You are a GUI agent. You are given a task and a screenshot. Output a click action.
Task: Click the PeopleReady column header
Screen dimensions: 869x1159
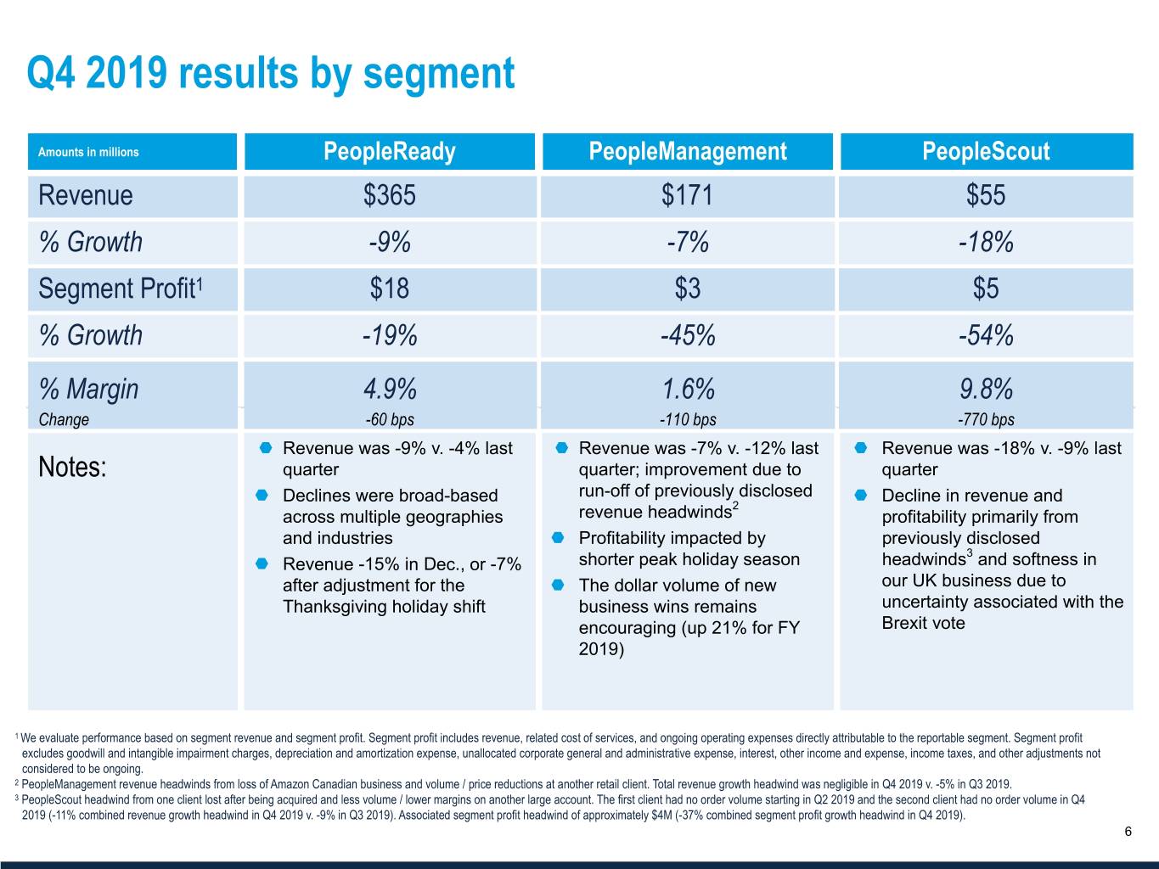pyautogui.click(x=390, y=152)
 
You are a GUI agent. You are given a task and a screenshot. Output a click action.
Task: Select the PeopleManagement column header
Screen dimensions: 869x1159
pyautogui.click(x=687, y=152)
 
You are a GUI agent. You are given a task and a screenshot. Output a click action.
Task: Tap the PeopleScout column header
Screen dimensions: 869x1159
pyautogui.click(x=986, y=152)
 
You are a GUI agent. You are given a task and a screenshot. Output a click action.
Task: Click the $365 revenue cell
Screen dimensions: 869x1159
pyautogui.click(x=390, y=196)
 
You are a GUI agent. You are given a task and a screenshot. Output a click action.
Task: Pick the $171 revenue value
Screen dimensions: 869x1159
pyautogui.click(x=687, y=196)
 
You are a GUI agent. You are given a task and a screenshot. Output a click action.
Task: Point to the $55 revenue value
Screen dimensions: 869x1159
pyautogui.click(x=986, y=196)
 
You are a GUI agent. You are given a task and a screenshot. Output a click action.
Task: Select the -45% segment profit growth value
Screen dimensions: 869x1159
pyautogui.click(x=688, y=336)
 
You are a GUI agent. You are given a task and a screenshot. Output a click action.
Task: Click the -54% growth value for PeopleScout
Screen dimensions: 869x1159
pyautogui.click(x=986, y=336)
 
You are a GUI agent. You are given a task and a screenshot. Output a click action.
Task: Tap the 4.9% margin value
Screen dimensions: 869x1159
pyautogui.click(x=390, y=390)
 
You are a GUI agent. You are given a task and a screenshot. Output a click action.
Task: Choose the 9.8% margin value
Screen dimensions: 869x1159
pyautogui.click(x=986, y=390)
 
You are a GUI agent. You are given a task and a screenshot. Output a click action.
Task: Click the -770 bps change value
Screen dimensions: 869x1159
pyautogui.click(x=986, y=419)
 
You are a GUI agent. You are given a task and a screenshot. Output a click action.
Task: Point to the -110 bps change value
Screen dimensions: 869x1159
pyautogui.click(x=688, y=419)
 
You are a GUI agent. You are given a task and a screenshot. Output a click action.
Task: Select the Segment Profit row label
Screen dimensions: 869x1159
pyautogui.click(x=120, y=289)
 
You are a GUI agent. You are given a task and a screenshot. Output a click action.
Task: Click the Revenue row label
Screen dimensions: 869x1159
pyautogui.click(x=86, y=196)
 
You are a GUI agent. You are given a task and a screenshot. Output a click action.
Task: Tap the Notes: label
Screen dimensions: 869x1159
pyautogui.click(x=73, y=468)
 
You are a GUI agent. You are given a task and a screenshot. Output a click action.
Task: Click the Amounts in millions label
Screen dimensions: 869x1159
pyautogui.click(x=88, y=153)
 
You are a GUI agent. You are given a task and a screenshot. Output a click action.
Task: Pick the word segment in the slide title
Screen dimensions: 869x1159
pyautogui.click(x=439, y=74)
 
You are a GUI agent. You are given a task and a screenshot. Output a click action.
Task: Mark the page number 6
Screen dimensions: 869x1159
pyautogui.click(x=1128, y=832)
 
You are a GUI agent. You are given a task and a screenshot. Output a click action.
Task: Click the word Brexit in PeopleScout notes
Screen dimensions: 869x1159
pyautogui.click(x=904, y=624)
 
